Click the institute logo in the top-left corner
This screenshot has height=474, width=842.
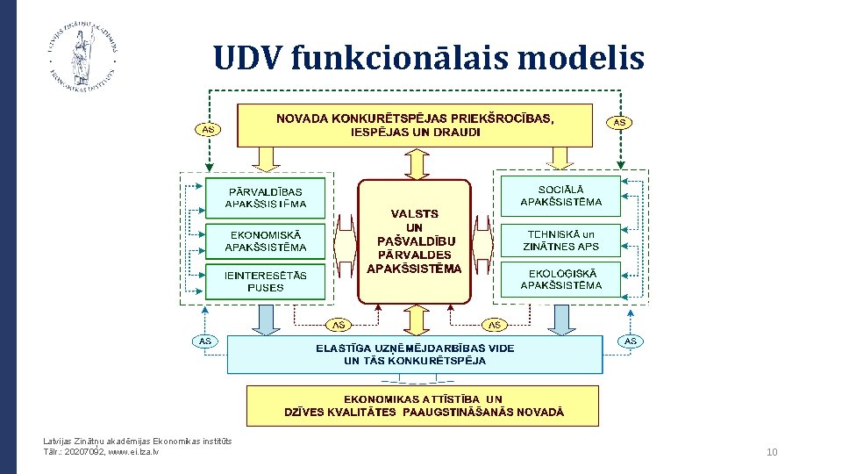pyautogui.click(x=83, y=54)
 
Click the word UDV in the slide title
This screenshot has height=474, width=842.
pyautogui.click(x=247, y=58)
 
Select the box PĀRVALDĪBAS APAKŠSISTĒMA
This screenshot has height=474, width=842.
pyautogui.click(x=265, y=197)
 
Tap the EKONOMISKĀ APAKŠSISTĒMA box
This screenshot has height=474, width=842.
pyautogui.click(x=265, y=241)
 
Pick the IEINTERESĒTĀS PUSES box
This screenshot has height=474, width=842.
pyautogui.click(x=265, y=281)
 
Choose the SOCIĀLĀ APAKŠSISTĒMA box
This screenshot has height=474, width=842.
pyautogui.click(x=560, y=196)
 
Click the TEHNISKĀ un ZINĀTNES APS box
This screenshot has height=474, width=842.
pyautogui.click(x=560, y=240)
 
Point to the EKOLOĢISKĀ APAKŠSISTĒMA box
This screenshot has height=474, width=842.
pyautogui.click(x=560, y=279)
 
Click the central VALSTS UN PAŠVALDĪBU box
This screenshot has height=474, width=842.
pyautogui.click(x=414, y=241)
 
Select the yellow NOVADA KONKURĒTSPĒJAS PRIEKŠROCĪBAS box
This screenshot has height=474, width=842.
pyautogui.click(x=415, y=126)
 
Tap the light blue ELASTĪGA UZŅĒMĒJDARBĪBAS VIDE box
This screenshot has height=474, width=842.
pyautogui.click(x=415, y=354)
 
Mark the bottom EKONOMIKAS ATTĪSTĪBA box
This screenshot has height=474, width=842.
pyautogui.click(x=423, y=405)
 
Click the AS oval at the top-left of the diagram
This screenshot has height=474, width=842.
pyautogui.click(x=208, y=130)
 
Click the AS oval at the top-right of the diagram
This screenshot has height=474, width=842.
pyautogui.click(x=620, y=123)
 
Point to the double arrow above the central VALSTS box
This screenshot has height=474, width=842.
pyautogui.click(x=414, y=162)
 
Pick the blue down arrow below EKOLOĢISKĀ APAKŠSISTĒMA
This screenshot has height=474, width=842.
pyautogui.click(x=560, y=319)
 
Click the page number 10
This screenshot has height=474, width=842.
pyautogui.click(x=772, y=452)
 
